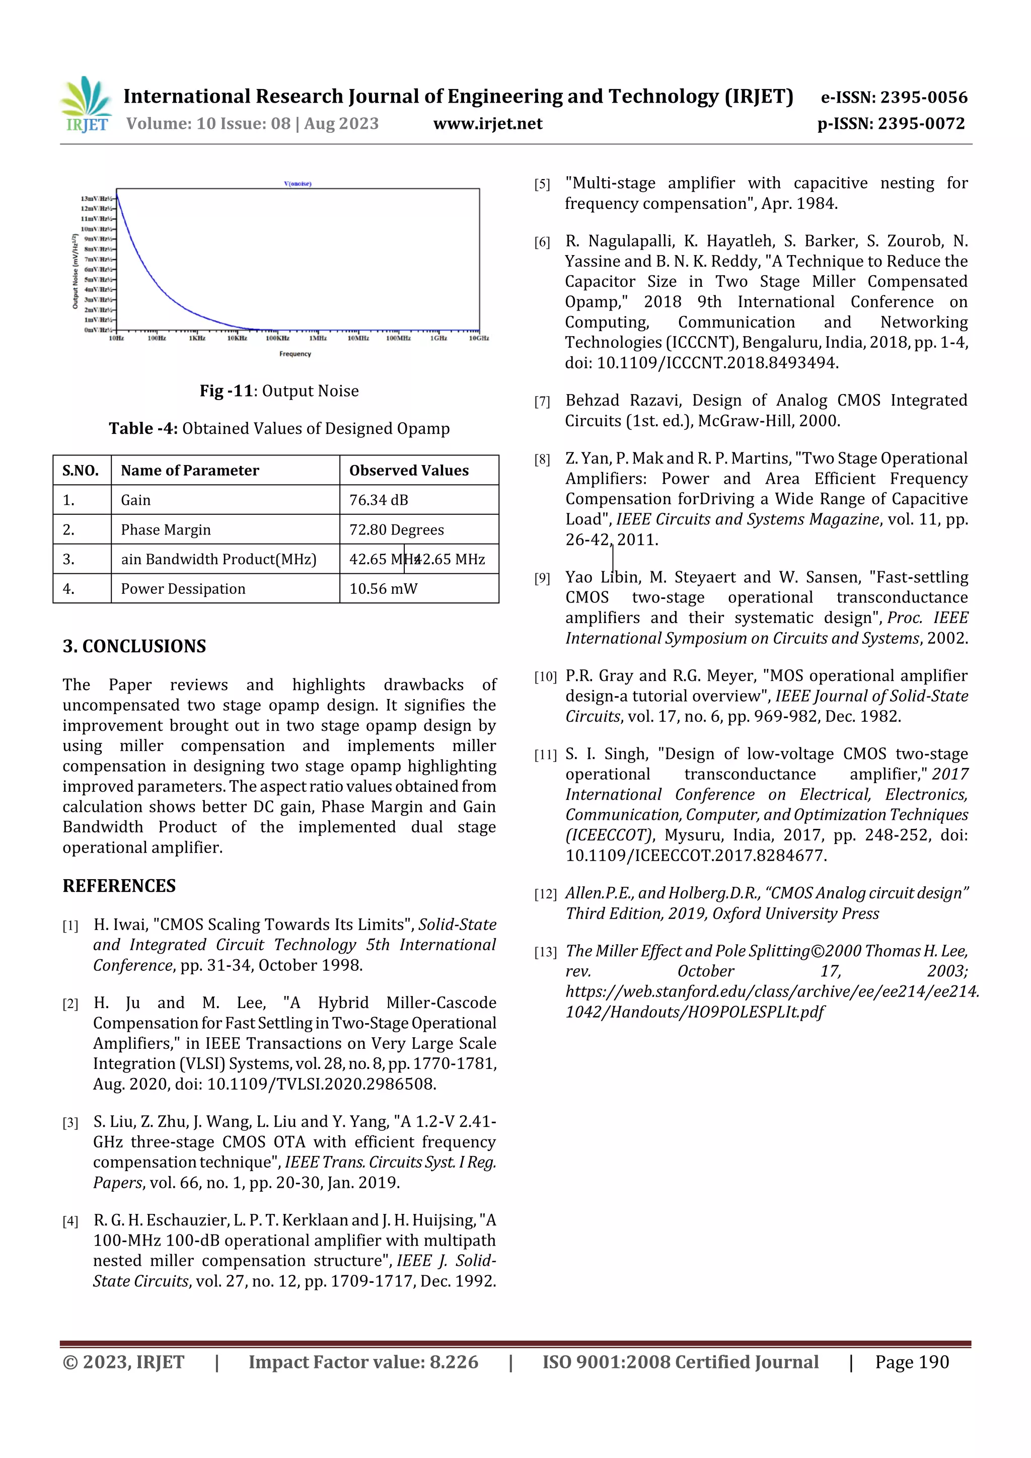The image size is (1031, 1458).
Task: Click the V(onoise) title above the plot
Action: (x=298, y=184)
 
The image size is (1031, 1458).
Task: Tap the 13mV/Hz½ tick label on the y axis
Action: (x=97, y=199)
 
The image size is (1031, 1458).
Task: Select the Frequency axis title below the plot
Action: (x=295, y=354)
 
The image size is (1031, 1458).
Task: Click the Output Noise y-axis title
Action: (x=75, y=272)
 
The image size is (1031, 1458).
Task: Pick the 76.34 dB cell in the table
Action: (x=379, y=500)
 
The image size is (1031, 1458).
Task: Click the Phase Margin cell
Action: (x=166, y=529)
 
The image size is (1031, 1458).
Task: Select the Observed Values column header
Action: (x=408, y=471)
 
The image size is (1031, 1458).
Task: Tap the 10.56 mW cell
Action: (x=383, y=589)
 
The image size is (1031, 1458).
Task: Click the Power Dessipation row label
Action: (x=183, y=589)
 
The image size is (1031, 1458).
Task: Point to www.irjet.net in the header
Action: (x=487, y=124)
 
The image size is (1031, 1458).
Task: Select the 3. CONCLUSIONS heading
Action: (x=134, y=646)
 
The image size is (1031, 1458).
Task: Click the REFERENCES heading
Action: (x=119, y=886)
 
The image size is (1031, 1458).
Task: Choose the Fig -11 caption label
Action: (x=226, y=391)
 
